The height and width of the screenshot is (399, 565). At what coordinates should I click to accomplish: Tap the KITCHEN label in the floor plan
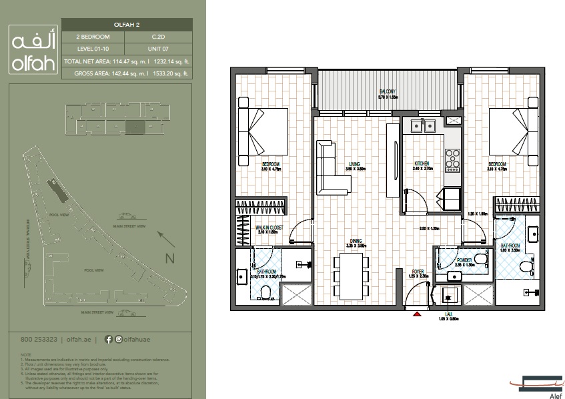coord(421,163)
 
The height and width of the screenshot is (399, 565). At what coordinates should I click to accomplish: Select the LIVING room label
coord(354,163)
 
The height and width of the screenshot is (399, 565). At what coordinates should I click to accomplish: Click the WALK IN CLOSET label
coord(270,228)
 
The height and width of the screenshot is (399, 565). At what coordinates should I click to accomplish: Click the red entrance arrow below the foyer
coord(418,313)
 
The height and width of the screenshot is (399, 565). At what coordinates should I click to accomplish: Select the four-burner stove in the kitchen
coord(452,158)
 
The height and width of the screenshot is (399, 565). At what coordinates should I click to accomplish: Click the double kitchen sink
coord(423,124)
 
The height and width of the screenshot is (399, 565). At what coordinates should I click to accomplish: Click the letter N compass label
coord(169,258)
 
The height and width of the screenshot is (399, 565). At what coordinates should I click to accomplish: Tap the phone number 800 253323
coord(33,339)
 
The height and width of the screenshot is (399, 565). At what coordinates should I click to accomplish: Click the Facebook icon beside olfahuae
coord(109,339)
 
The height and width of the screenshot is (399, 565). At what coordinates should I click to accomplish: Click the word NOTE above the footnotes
coord(25,354)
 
